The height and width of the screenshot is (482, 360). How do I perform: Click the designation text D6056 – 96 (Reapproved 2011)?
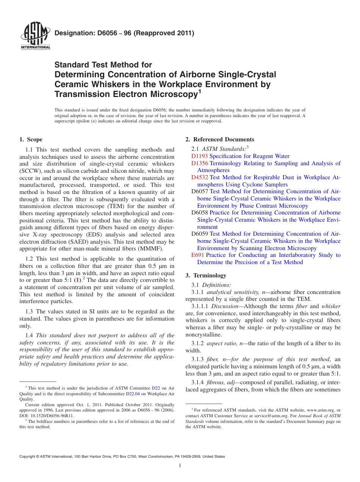pos(124,33)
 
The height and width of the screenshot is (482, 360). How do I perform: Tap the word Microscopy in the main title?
pos(171,94)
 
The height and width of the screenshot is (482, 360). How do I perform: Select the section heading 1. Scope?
pos(31,139)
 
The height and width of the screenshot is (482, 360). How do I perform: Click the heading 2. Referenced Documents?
pos(220,139)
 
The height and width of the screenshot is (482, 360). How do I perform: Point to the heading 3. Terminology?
pos(210,275)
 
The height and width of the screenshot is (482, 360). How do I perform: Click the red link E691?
pos(197,255)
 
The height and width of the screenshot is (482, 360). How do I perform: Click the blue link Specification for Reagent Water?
pos(249,156)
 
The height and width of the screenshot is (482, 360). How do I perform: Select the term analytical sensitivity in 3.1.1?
pos(232,292)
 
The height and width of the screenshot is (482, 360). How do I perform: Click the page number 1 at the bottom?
pos(180,465)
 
